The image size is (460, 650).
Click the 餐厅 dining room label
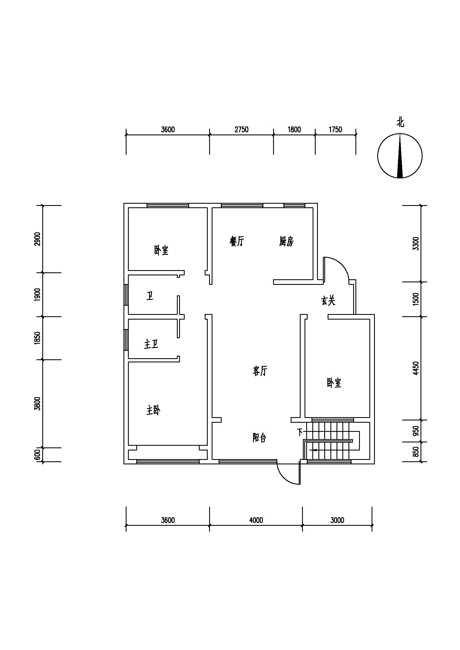[x=237, y=241]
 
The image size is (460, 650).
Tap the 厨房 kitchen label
[x=286, y=241]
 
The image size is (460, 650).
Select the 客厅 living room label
[x=260, y=371]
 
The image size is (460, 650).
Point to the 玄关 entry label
[x=328, y=300]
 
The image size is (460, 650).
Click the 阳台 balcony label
[x=259, y=438]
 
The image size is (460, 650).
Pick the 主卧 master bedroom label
[x=153, y=410]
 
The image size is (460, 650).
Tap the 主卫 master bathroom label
[x=151, y=344]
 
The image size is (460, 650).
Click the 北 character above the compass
[x=400, y=123]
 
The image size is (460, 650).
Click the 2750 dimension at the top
[x=241, y=130]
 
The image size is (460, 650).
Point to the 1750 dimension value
[x=335, y=130]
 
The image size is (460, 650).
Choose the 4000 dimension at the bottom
[x=256, y=520]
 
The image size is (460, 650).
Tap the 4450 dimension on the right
[x=416, y=368]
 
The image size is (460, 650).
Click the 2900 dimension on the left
[x=37, y=239]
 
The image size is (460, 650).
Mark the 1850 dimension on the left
[x=37, y=338]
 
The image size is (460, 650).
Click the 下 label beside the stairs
[x=300, y=432]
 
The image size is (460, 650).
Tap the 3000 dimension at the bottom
[x=337, y=520]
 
